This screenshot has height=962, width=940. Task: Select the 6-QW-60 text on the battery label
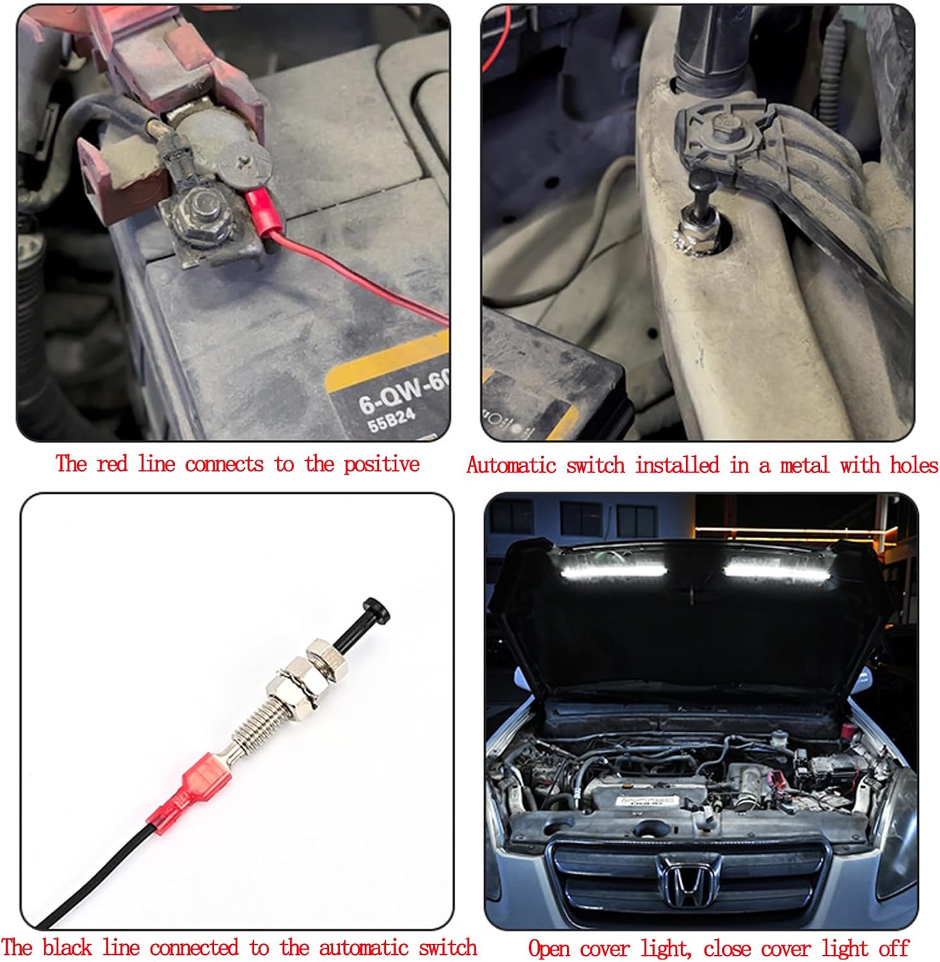(403, 393)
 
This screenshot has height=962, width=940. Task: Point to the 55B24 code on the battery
(391, 421)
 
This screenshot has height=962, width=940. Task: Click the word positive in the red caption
(382, 464)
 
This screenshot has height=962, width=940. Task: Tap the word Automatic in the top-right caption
(511, 464)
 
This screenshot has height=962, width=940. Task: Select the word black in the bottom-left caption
(67, 947)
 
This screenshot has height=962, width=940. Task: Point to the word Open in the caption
(549, 949)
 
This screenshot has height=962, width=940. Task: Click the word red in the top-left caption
(112, 464)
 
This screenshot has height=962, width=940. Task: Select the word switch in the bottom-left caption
(448, 947)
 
